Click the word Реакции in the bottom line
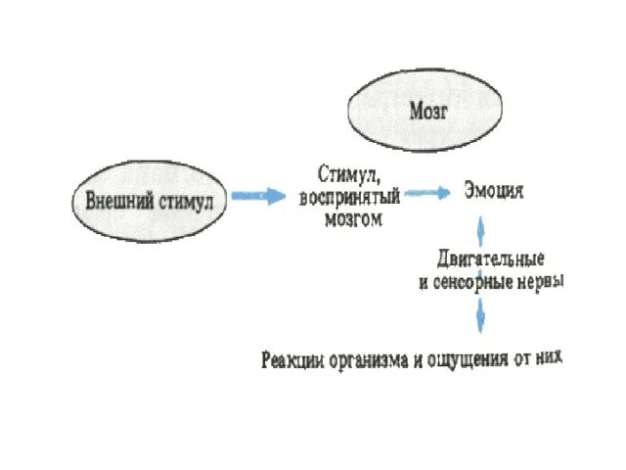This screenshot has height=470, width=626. pyautogui.click(x=292, y=360)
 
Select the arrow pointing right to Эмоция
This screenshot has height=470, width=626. pyautogui.click(x=425, y=193)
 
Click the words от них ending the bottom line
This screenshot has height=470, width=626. pyautogui.click(x=539, y=360)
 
